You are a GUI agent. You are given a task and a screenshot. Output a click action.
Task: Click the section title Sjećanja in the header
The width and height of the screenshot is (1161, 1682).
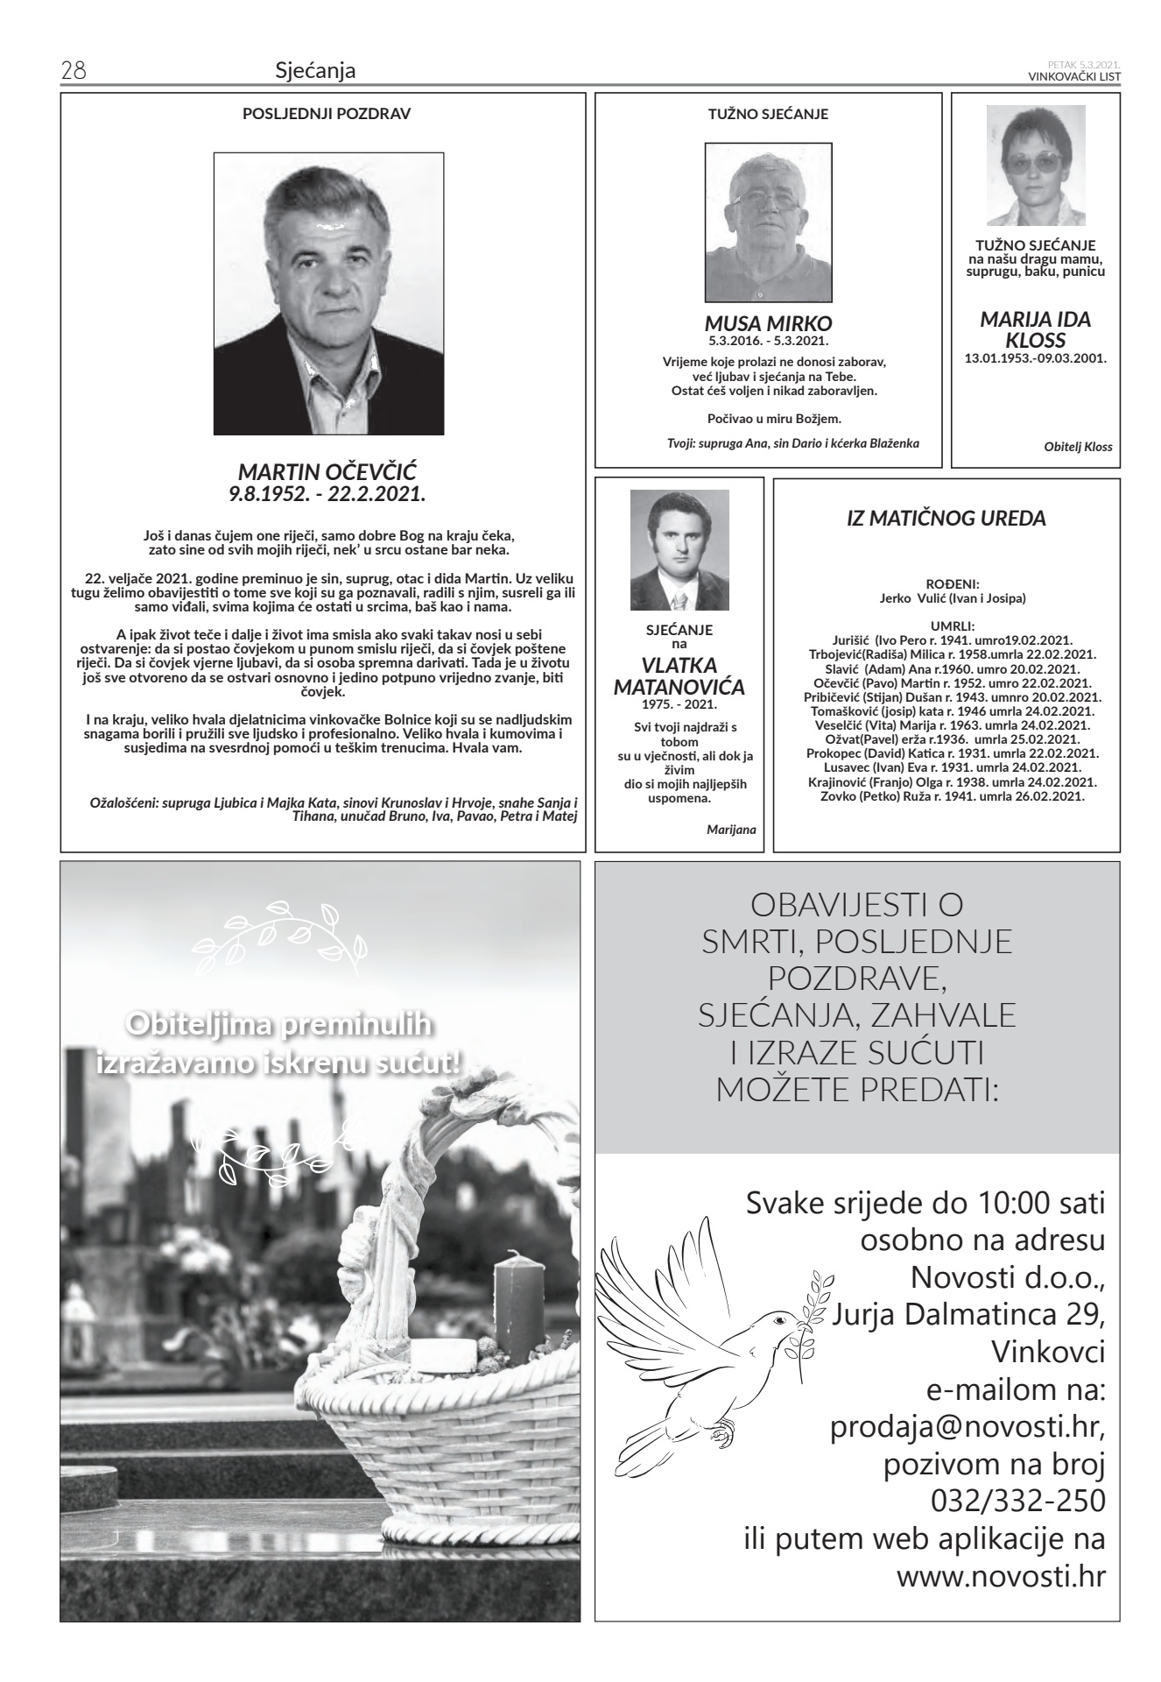tap(315, 70)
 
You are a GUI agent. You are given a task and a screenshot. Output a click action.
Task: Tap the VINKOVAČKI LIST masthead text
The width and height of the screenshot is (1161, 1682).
tap(1074, 76)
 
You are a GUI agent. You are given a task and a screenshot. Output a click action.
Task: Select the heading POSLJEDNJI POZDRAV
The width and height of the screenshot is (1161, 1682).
tap(322, 114)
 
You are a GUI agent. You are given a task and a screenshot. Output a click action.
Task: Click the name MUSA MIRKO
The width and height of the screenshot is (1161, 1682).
tap(769, 322)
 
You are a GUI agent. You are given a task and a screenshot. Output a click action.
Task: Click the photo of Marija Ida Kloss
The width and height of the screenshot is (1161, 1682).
tap(1036, 166)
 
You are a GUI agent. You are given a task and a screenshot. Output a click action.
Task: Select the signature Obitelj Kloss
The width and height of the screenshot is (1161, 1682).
tap(1078, 447)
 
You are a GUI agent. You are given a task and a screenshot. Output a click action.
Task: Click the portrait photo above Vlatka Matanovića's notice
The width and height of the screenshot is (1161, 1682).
tap(679, 550)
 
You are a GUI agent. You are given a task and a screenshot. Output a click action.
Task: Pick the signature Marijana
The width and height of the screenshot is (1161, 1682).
tap(731, 829)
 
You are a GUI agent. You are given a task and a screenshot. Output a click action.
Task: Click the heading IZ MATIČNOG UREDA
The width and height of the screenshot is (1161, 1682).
tap(946, 519)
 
